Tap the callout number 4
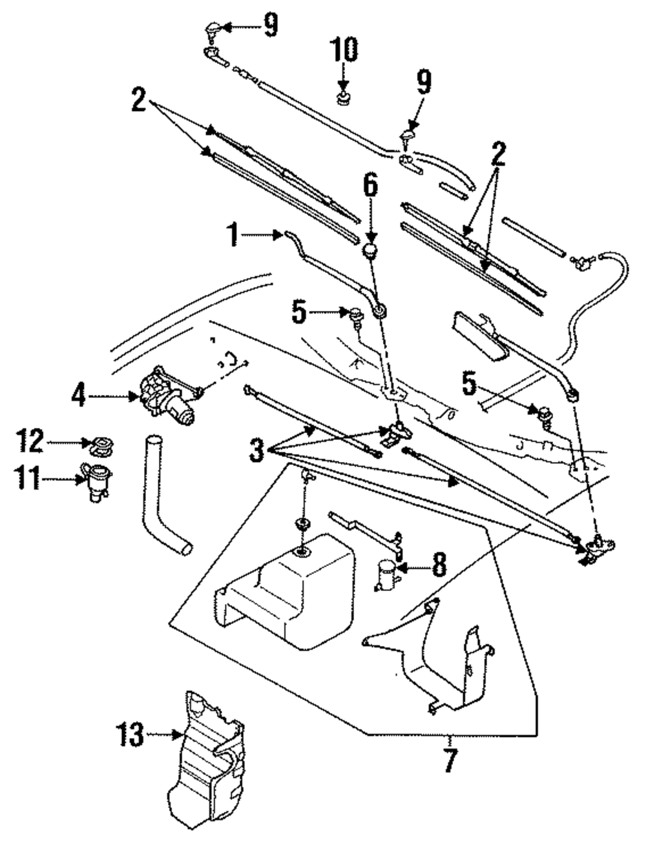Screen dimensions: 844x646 [x=78, y=395]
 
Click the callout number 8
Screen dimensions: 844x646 [x=438, y=566]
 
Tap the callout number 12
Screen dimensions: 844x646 [x=30, y=443]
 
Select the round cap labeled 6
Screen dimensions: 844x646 [x=370, y=250]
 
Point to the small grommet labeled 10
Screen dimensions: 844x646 [x=343, y=99]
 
